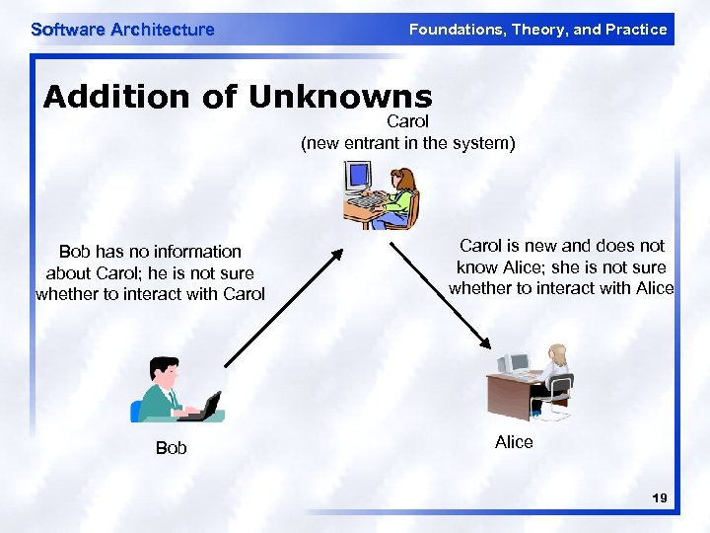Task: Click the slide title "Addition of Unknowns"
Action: [238, 97]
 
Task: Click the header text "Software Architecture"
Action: [122, 30]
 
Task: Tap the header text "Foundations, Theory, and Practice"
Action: [537, 30]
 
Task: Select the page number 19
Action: [660, 499]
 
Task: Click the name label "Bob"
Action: [171, 448]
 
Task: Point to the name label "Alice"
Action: [514, 442]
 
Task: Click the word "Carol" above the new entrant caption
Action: [407, 121]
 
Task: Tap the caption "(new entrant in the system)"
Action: [407, 143]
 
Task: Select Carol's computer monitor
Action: [357, 178]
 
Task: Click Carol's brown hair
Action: [405, 180]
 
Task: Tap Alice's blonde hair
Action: [559, 354]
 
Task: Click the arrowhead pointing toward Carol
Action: [336, 254]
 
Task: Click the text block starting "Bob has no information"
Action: [150, 272]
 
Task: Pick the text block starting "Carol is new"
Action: [561, 266]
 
